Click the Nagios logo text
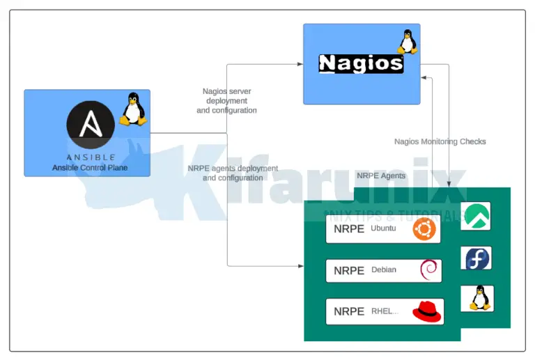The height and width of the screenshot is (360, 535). point(361,64)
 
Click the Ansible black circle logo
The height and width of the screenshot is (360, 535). point(91,125)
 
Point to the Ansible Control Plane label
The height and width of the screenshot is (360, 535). point(90,168)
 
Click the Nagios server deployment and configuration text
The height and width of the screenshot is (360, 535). point(226,100)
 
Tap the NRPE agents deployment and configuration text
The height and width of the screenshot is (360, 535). point(233,173)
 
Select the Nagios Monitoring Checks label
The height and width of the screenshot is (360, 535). point(440,141)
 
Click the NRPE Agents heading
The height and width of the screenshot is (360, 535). point(381,175)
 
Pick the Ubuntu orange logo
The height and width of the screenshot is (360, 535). point(424,228)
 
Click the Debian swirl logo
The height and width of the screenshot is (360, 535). point(427,270)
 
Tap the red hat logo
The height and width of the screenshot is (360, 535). point(426,311)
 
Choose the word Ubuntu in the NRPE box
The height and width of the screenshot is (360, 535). point(385,228)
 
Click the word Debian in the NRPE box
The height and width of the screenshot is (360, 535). point(384,269)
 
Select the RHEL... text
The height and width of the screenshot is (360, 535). point(385,311)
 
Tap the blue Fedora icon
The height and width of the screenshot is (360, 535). point(478,258)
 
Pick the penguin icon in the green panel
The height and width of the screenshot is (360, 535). point(479,298)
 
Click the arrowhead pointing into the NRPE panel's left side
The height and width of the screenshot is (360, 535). point(300,265)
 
